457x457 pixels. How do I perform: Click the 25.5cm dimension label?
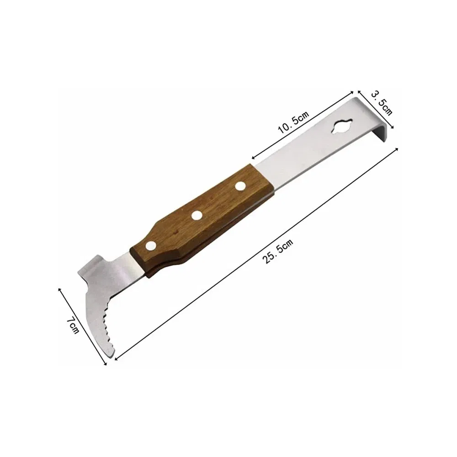(277, 251)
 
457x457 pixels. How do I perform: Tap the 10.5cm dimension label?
(293, 122)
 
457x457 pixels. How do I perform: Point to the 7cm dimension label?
(73, 325)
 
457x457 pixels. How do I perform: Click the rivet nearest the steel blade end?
(240, 186)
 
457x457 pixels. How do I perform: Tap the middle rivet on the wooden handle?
(197, 215)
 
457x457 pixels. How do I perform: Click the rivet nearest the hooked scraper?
(151, 246)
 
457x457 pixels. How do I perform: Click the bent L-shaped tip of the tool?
(379, 129)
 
